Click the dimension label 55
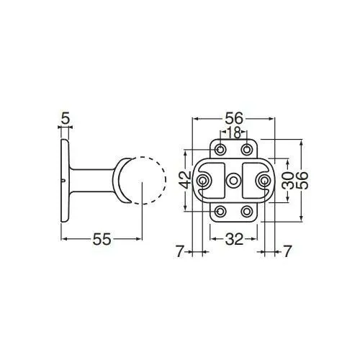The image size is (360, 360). click(102, 239)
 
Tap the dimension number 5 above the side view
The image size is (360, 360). click(66, 118)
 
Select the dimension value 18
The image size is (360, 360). click(233, 132)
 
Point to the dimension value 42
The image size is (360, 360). click(185, 181)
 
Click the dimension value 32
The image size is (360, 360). click(234, 239)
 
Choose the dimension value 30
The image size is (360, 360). click(288, 181)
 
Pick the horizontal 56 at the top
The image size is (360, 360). click(234, 118)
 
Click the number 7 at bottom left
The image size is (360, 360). click(179, 251)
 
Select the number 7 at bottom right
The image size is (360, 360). click(287, 251)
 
